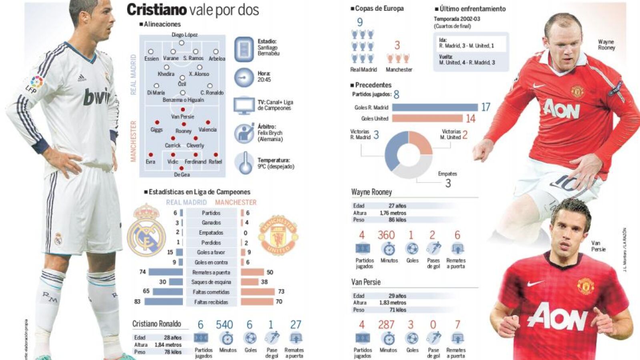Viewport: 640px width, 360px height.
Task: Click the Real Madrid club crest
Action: [146, 231]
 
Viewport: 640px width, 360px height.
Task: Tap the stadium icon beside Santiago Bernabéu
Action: [244, 49]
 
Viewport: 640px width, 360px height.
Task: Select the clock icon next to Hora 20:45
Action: [244, 78]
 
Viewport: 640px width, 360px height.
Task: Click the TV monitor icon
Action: [243, 106]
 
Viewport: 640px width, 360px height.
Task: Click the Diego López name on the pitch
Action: [185, 35]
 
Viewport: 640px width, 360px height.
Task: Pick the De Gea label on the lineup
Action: [182, 175]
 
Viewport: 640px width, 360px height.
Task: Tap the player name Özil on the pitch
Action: [182, 84]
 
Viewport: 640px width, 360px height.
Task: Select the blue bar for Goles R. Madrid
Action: [435, 107]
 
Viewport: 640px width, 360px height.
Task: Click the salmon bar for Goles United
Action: [427, 118]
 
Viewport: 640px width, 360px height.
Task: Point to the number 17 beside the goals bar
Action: [486, 107]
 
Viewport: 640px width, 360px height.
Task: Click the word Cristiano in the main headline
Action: [156, 10]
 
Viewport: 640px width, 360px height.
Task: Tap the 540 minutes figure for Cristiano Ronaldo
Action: [224, 325]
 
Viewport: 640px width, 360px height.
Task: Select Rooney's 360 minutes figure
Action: [386, 235]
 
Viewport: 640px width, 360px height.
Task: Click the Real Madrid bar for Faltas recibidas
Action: [163, 302]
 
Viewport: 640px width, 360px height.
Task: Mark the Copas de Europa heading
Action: [379, 8]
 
